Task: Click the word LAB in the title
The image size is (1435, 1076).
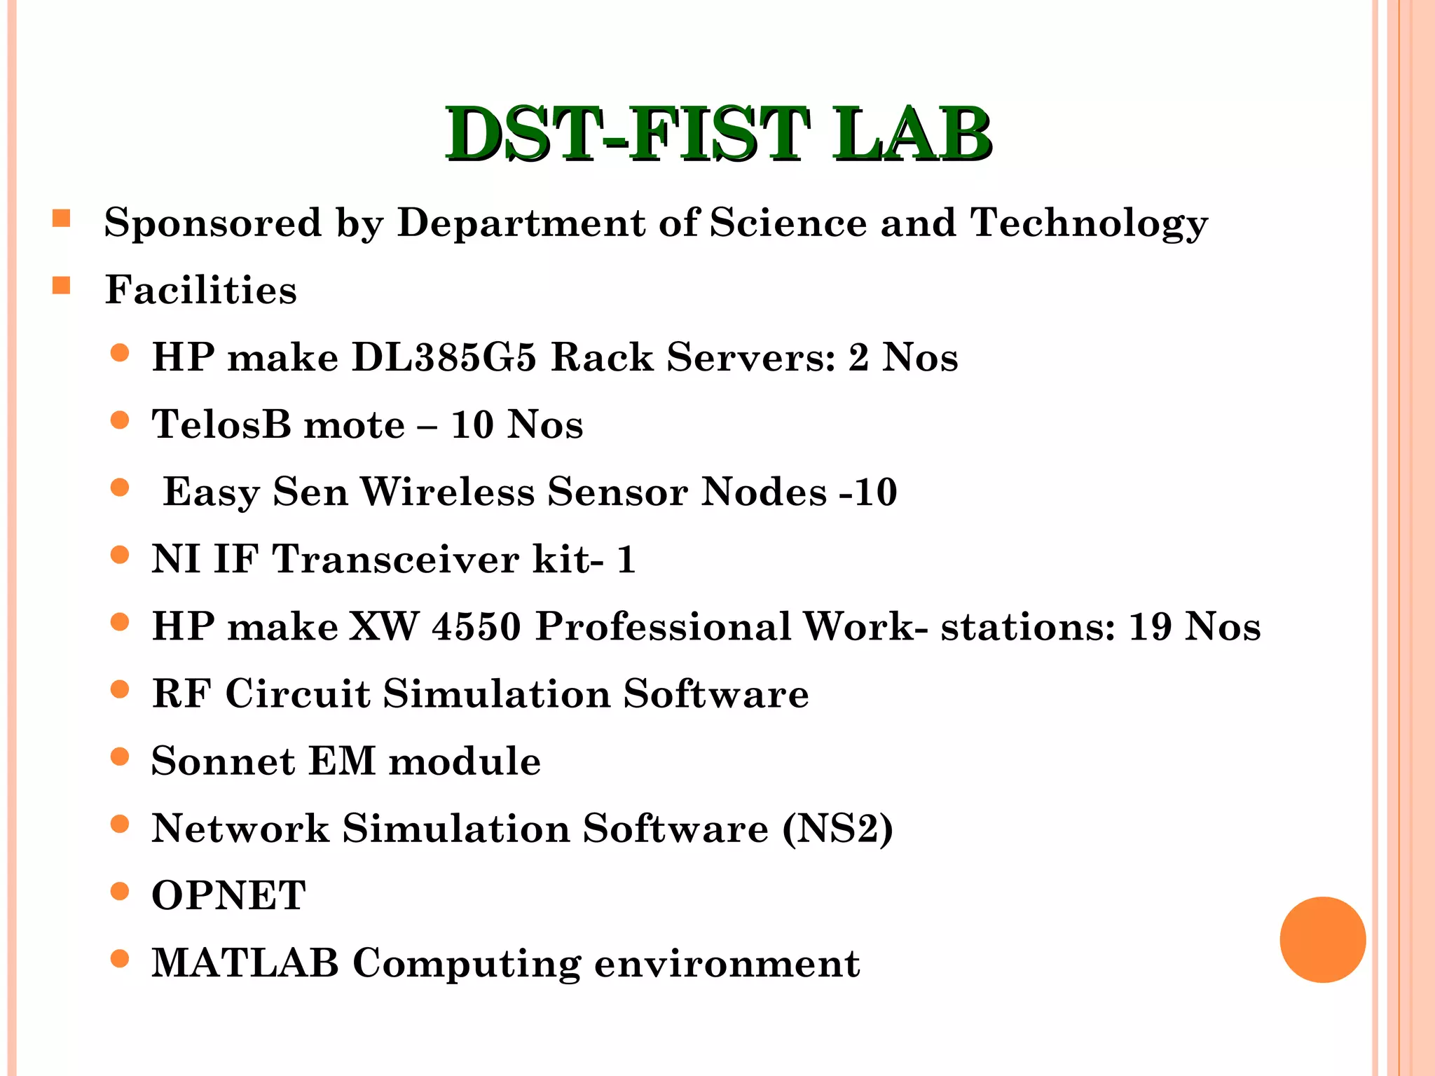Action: [x=911, y=134]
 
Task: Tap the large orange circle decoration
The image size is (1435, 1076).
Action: [x=1322, y=939]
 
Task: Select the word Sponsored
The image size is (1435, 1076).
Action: [x=213, y=223]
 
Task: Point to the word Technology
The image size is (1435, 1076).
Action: [x=1089, y=223]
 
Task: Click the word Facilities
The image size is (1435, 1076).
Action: [x=201, y=290]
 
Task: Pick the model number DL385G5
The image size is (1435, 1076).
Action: [x=444, y=357]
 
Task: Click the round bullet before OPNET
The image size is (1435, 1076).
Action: [x=120, y=892]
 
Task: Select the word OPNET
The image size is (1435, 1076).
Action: [x=228, y=896]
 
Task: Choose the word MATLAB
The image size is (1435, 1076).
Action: [x=245, y=963]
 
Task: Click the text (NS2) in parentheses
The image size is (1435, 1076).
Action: [x=837, y=829]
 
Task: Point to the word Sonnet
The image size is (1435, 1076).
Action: [x=223, y=761]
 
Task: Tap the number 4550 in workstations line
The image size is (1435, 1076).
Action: [x=476, y=626]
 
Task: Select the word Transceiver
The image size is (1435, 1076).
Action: [x=395, y=560]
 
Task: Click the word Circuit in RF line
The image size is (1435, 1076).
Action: [x=297, y=694]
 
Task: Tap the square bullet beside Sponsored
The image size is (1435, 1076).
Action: [x=62, y=219]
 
